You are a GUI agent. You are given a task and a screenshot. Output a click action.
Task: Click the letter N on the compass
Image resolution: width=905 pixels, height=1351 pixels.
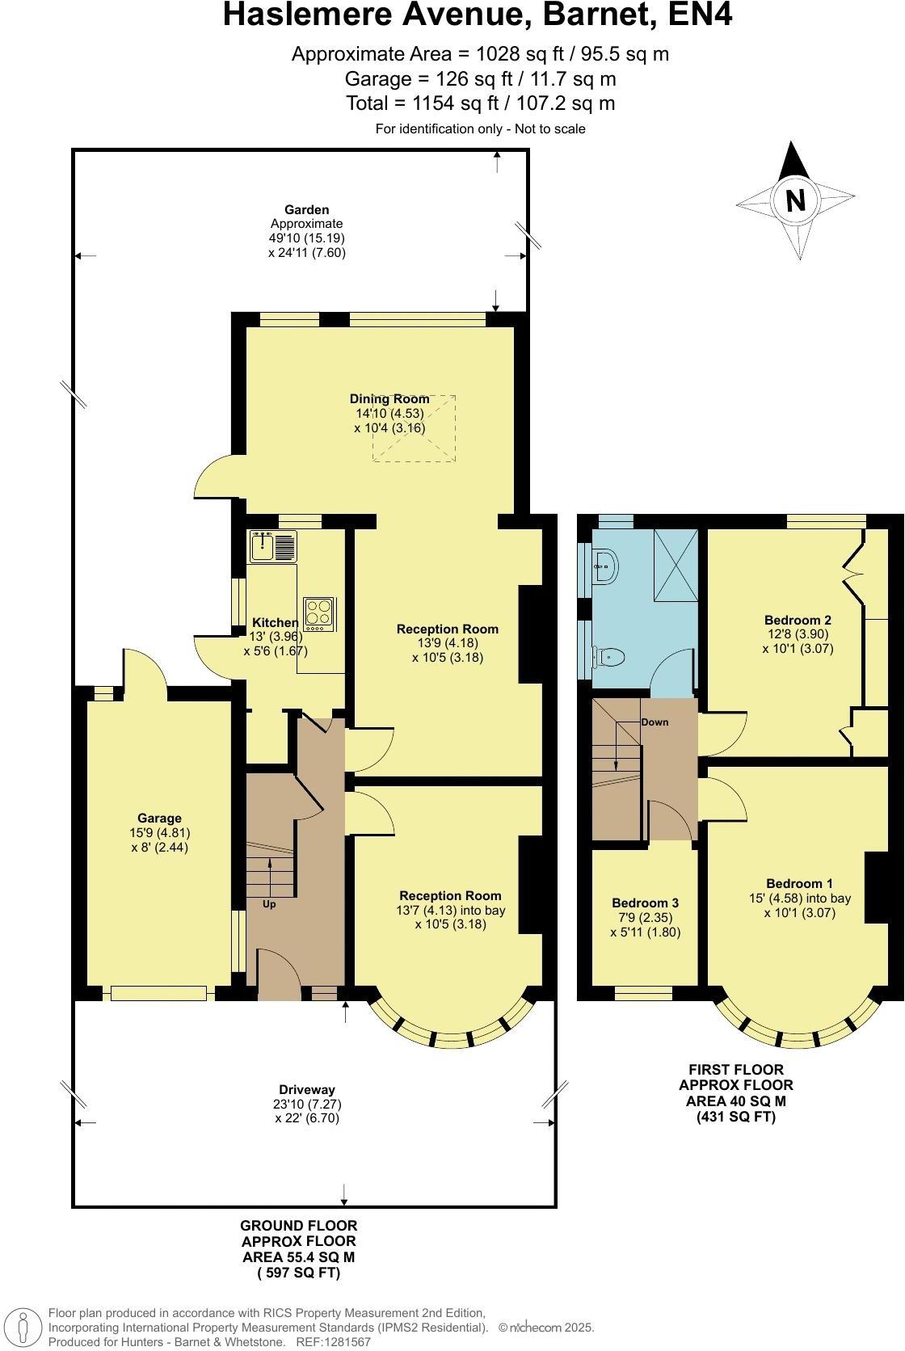point(796,200)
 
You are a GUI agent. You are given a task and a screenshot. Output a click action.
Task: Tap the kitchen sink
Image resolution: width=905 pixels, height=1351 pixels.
point(273,546)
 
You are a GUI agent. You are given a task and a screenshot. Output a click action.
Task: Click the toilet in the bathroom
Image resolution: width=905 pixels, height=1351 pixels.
point(607,656)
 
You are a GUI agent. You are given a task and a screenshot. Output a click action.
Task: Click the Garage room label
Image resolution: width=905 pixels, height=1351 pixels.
point(159,819)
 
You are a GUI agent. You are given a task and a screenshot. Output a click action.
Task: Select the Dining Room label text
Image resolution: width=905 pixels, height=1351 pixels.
point(389,398)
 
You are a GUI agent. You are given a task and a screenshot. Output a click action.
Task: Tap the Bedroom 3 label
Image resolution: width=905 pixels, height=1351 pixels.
point(645,903)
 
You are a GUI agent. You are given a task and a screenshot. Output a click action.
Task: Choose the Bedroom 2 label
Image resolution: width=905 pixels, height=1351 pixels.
point(798,620)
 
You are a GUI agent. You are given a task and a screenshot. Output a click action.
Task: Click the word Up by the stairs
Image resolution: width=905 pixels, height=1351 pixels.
point(269,904)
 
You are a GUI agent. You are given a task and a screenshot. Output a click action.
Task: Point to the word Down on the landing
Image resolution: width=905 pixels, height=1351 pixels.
point(655,722)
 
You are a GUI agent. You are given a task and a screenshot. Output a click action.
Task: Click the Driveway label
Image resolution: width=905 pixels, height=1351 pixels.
point(306,1090)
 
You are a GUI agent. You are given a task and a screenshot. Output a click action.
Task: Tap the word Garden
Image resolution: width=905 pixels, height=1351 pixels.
point(306,210)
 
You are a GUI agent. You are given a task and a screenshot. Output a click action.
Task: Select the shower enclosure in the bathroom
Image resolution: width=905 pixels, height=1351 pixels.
point(676,565)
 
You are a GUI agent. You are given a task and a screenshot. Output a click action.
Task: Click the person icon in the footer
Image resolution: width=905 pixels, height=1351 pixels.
point(23,1326)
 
